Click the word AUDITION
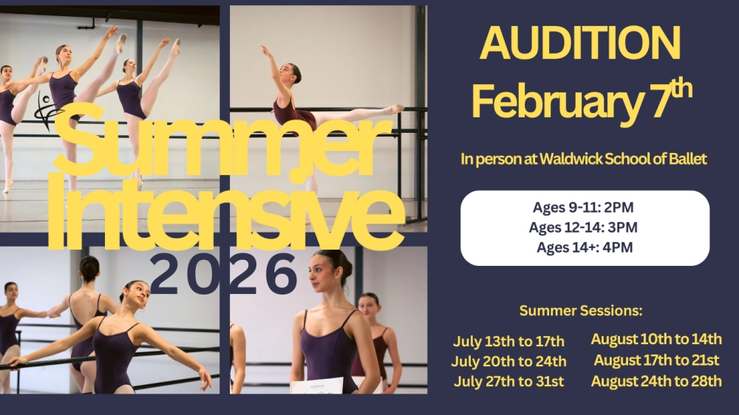tap(580, 43)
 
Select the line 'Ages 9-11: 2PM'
tap(583, 207)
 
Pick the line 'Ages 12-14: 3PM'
tap(583, 227)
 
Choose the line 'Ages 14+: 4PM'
tap(585, 247)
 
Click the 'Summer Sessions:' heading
tap(581, 311)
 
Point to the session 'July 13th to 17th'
tap(508, 341)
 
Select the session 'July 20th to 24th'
tap(508, 361)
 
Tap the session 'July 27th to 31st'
tap(508, 382)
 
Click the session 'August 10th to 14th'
tap(656, 339)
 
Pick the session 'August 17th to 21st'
tap(656, 360)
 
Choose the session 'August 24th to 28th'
tap(656, 381)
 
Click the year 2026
tap(223, 274)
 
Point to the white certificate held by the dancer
tap(317, 385)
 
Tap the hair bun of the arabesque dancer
tap(298, 74)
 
